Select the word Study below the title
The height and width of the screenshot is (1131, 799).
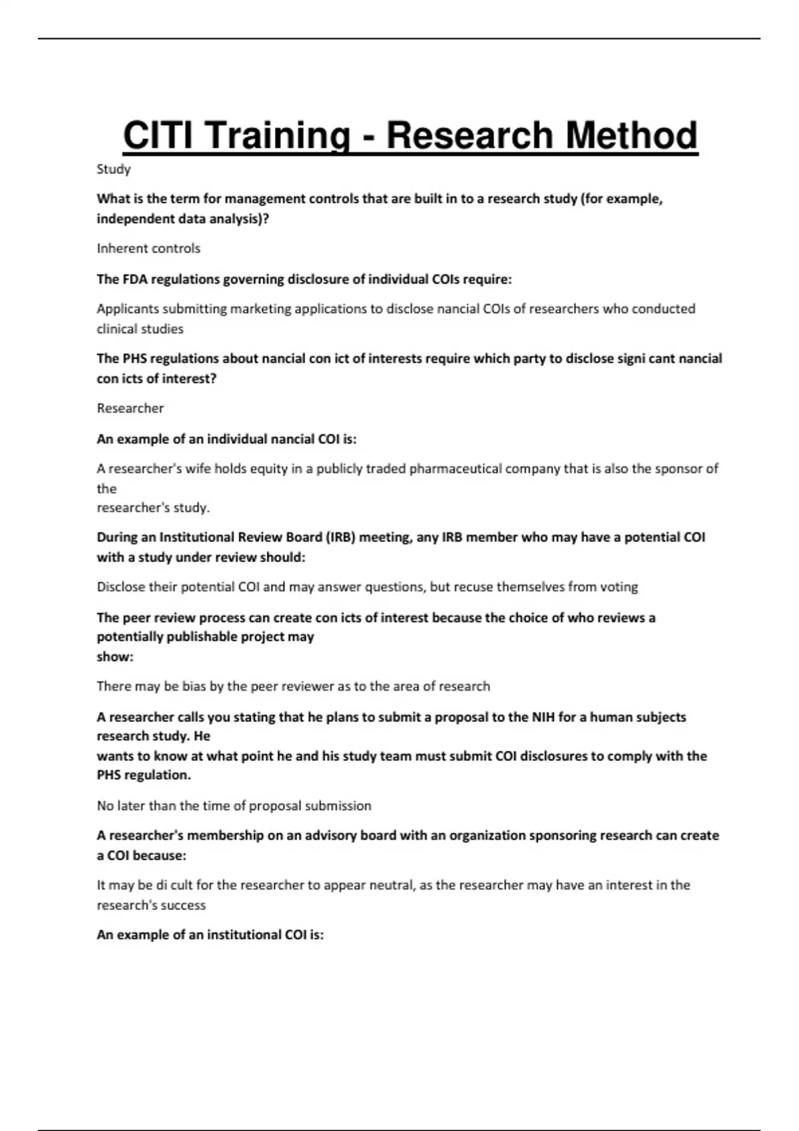[113, 169]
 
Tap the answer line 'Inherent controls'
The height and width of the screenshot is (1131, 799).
[148, 248]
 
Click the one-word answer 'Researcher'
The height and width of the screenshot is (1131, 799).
[130, 408]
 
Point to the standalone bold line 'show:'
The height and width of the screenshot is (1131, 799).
[115, 657]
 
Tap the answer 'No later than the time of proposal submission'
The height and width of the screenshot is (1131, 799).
[234, 806]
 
